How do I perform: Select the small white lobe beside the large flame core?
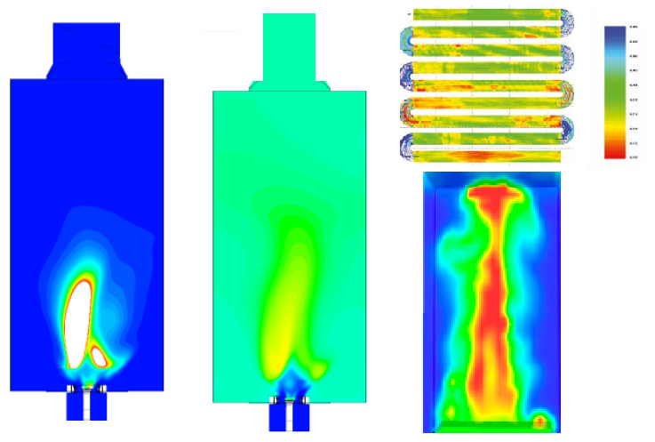[x=100, y=357]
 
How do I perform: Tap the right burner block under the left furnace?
[x=97, y=406]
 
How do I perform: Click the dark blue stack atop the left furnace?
[x=86, y=49]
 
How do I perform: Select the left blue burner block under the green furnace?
[x=277, y=416]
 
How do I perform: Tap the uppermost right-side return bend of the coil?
[x=569, y=24]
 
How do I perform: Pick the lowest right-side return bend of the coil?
[x=569, y=128]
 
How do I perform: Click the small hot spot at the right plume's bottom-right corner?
[x=539, y=420]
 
